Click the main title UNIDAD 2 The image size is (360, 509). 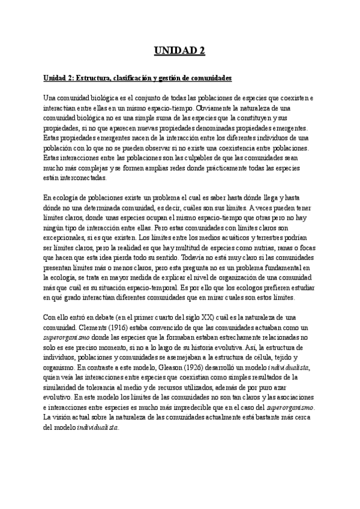[x=179, y=51]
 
